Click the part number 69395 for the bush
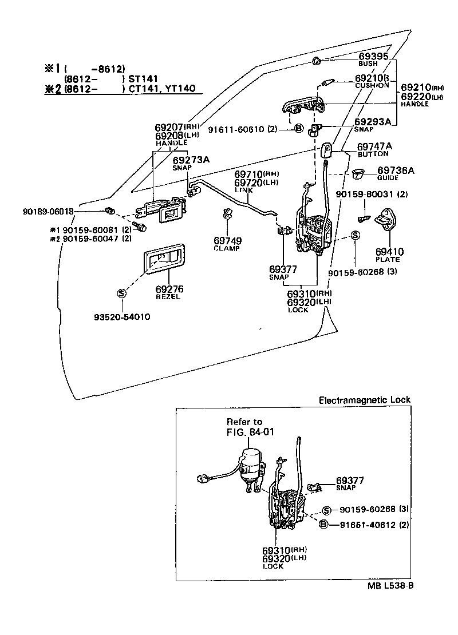click(373, 56)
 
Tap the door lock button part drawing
click(327, 150)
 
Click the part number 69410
click(389, 251)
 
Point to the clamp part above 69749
click(227, 216)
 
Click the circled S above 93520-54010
click(121, 293)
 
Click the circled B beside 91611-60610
click(298, 129)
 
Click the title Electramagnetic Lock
click(364, 400)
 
